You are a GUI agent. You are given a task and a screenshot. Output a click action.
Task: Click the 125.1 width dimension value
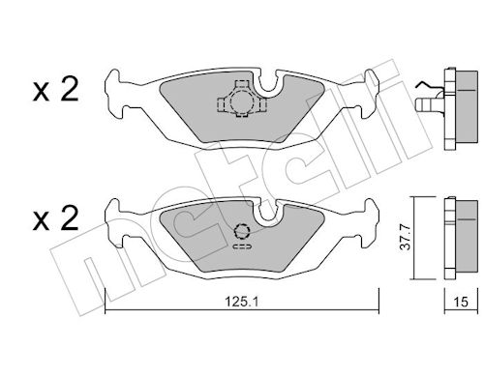[242, 302]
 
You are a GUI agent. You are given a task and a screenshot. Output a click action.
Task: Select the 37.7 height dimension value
[406, 238]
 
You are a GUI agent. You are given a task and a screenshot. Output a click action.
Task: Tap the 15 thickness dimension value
[461, 302]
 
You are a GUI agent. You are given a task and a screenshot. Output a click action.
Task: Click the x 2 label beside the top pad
[55, 90]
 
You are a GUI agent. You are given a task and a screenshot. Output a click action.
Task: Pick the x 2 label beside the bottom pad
[55, 218]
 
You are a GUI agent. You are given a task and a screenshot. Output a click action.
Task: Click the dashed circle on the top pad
[240, 101]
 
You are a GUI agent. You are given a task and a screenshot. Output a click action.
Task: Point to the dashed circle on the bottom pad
[242, 231]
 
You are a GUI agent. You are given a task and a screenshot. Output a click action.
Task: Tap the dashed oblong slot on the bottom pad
[242, 246]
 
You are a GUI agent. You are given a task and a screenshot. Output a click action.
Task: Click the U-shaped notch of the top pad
[268, 84]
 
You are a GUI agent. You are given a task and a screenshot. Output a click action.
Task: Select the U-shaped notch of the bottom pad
[268, 213]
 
